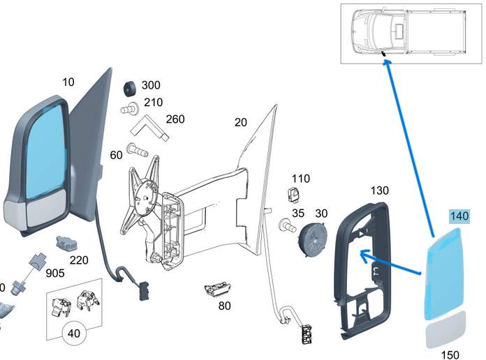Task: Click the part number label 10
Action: click(68, 82)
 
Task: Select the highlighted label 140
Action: click(459, 216)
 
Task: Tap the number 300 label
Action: click(151, 85)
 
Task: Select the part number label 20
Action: click(240, 123)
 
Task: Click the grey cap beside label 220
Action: click(66, 244)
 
